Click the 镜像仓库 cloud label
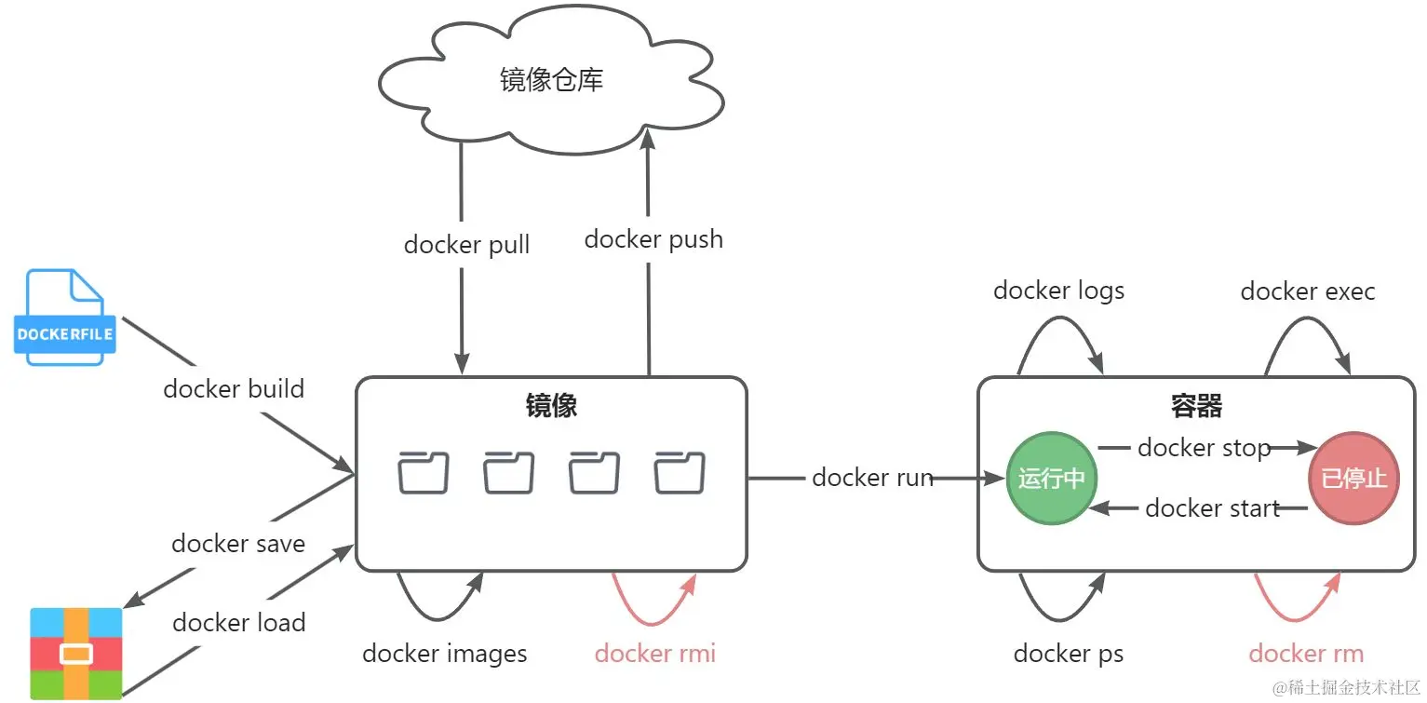[551, 80]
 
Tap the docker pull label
[466, 245]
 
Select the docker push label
[653, 239]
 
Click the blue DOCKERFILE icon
[65, 318]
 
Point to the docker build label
[234, 388]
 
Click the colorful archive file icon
[76, 653]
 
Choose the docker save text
[238, 544]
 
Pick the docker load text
[239, 622]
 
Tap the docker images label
[445, 654]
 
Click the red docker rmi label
[655, 654]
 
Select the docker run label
[872, 478]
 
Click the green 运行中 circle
[1052, 479]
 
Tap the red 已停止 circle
[1353, 479]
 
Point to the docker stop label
[1204, 448]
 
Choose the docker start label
[1212, 507]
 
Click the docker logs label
[1058, 291]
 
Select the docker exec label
[1307, 291]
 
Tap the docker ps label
[1069, 654]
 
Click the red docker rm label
[1306, 654]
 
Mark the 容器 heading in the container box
[1196, 406]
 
